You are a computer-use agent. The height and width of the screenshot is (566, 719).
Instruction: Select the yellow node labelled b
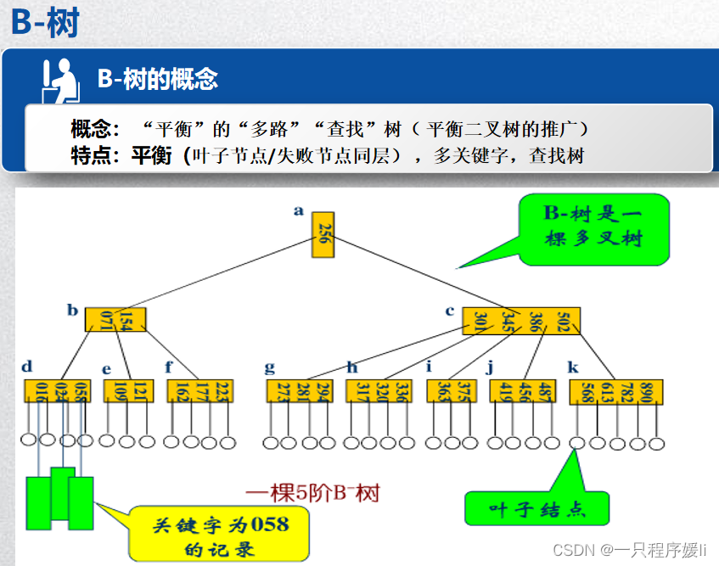point(115,319)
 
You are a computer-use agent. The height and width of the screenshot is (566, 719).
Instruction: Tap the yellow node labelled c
point(521,320)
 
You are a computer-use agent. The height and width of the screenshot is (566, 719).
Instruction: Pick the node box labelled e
point(128,391)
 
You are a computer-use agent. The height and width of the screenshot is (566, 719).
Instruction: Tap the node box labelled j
point(524,391)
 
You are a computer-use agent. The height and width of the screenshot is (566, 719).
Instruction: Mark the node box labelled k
point(615,392)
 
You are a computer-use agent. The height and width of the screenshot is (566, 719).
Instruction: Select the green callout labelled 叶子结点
point(537,508)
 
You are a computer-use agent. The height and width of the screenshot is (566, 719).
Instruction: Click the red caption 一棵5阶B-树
point(312,492)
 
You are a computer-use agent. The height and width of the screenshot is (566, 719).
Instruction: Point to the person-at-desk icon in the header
point(60,80)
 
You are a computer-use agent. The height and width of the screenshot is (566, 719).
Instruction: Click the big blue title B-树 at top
point(45,23)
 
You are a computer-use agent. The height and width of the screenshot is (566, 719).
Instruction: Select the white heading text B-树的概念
point(158,80)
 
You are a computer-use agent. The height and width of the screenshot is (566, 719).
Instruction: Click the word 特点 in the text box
point(92,155)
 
